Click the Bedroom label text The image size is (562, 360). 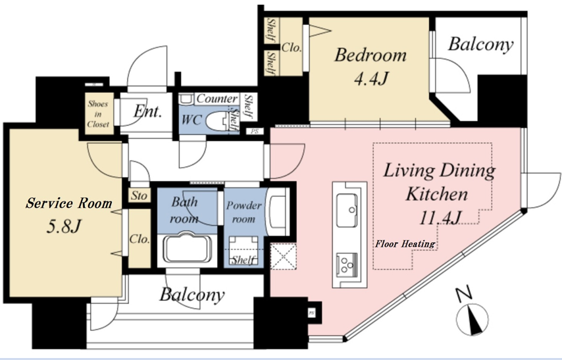(370, 55)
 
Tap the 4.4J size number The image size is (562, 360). (371, 78)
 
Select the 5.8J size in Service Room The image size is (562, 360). (63, 226)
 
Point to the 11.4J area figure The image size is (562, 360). (440, 217)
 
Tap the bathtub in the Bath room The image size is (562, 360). (187, 247)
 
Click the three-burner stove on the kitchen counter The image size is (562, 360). (347, 264)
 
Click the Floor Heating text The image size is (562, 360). (405, 244)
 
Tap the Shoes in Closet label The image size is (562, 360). (98, 114)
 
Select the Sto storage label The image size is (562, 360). (139, 195)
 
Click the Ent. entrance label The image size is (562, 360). (147, 111)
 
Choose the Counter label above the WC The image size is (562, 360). (217, 98)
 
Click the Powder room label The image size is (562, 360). (243, 212)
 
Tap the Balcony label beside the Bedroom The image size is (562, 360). (480, 45)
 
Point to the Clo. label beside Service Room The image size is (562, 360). (140, 239)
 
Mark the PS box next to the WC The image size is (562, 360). (255, 131)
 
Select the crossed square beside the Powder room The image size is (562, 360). (283, 257)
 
